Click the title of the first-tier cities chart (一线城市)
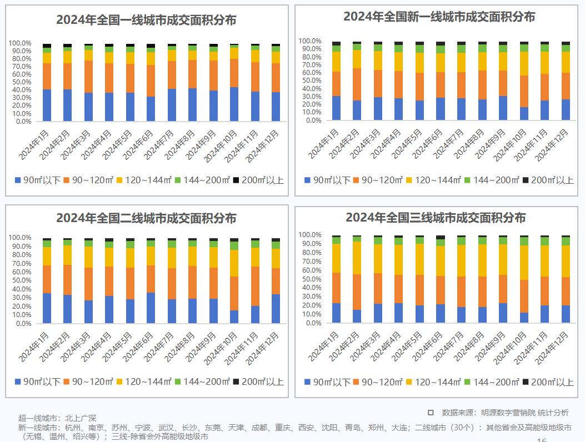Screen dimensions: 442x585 [x=146, y=20]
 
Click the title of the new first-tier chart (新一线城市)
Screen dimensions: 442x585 [x=439, y=17]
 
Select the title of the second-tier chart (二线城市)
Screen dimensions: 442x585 [x=146, y=218]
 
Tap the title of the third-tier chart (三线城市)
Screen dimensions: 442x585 [x=436, y=217]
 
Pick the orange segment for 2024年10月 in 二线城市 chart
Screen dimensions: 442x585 [x=234, y=293]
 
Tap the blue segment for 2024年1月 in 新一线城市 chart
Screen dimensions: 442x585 [x=336, y=108]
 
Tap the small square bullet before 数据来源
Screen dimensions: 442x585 [x=431, y=413]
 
